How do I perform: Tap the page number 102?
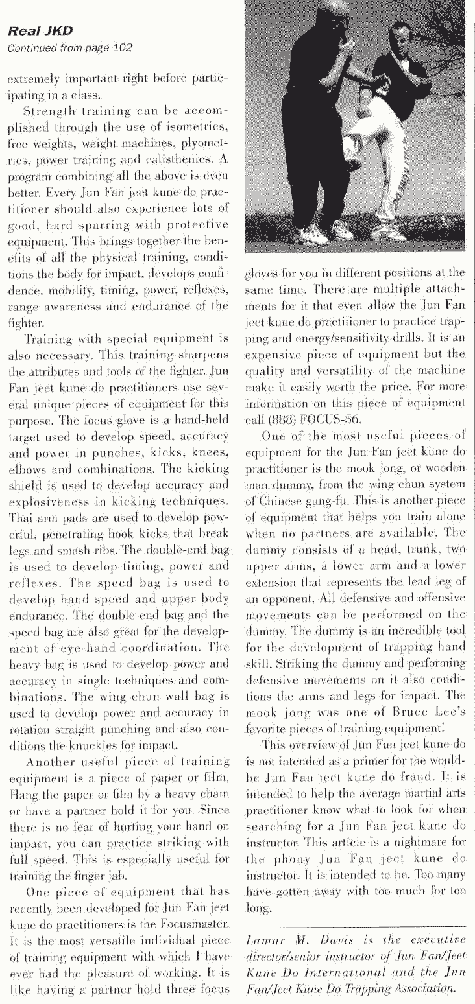click(x=122, y=47)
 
